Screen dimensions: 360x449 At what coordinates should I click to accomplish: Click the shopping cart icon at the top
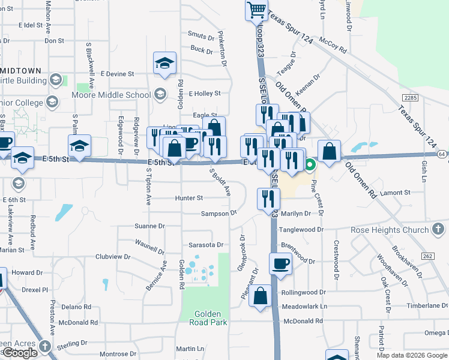(256, 10)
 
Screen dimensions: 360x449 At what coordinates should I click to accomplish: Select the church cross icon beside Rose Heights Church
(438, 229)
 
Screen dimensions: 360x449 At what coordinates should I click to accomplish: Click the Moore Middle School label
(111, 95)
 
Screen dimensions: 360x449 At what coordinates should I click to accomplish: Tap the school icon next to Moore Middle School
(160, 94)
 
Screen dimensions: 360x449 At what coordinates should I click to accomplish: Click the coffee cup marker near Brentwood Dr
(280, 263)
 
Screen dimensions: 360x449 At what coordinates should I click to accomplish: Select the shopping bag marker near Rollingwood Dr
(261, 296)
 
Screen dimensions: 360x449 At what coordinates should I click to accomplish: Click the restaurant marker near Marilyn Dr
(268, 199)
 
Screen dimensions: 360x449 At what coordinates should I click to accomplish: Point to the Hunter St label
(189, 198)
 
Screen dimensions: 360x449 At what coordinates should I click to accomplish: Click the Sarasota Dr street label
(206, 245)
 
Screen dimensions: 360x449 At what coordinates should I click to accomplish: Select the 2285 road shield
(411, 97)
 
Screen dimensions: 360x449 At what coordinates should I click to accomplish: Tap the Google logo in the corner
(20, 353)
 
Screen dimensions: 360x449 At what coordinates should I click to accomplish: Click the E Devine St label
(117, 74)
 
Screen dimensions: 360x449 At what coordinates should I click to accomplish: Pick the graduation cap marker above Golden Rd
(164, 64)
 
